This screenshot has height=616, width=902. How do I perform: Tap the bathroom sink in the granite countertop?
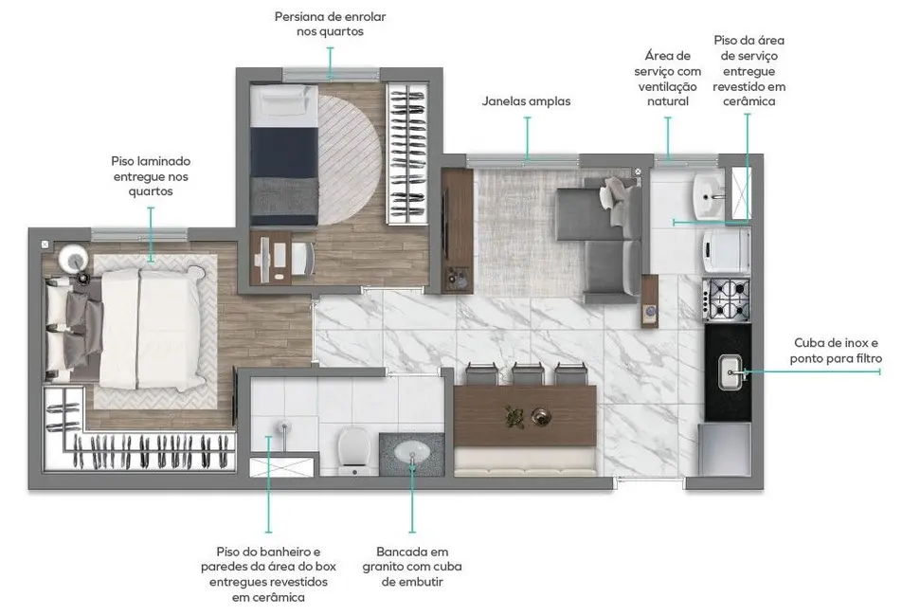412,453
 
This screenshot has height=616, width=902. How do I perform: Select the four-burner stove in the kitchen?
727,299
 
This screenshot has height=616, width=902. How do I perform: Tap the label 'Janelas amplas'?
526,101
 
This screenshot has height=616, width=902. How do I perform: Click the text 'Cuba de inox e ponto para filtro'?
836,351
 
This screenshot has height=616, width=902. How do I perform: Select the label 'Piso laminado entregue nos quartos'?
151,176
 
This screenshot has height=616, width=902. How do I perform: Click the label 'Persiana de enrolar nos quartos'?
330,24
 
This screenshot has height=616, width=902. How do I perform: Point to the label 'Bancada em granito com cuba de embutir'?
411,566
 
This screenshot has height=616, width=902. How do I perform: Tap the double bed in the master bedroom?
142,326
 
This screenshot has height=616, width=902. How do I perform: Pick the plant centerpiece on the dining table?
514,414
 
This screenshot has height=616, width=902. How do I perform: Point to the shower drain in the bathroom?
280,427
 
